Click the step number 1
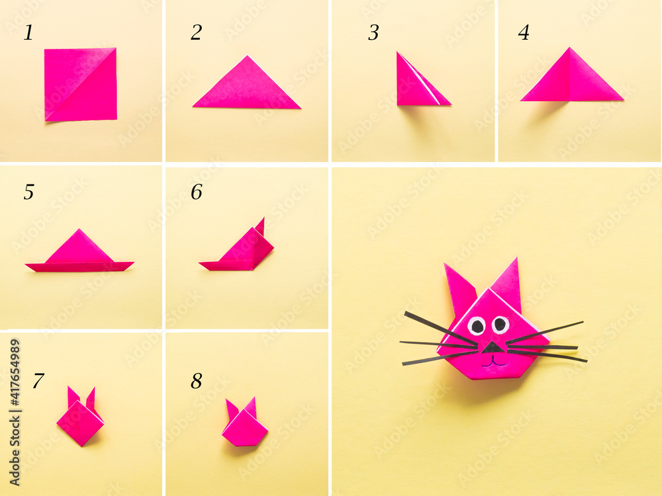[x=28, y=33]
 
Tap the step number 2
[x=196, y=33]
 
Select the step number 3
[x=373, y=33]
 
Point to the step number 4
[x=524, y=33]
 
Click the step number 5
[x=28, y=192]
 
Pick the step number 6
[x=196, y=192]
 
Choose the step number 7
[x=38, y=381]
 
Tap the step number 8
[x=197, y=381]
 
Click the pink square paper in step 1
[x=81, y=84]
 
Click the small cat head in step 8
[x=245, y=427]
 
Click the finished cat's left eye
[x=477, y=325]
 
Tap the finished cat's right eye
[x=500, y=324]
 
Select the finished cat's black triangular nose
[x=491, y=347]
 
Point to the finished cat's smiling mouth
[x=493, y=362]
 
